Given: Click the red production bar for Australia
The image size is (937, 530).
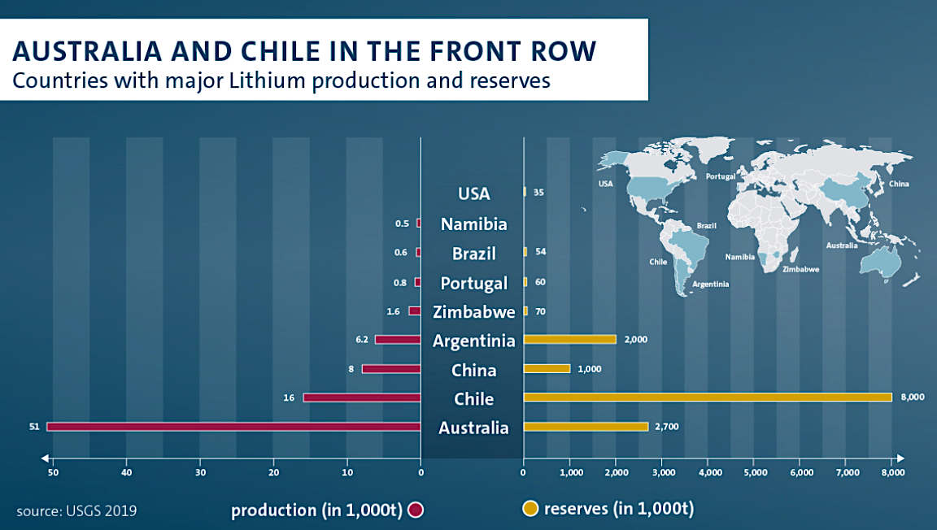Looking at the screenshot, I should click(233, 426).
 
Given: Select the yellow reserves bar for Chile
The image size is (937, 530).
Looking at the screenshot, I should click(708, 397).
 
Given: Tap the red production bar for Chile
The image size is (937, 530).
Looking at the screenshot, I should click(362, 397).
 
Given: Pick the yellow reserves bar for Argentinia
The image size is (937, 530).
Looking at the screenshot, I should click(570, 339).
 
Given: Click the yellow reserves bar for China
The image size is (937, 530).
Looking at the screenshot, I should click(547, 368).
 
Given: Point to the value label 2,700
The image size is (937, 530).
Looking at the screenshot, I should click(667, 426).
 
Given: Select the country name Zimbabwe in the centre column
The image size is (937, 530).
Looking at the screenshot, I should click(473, 312).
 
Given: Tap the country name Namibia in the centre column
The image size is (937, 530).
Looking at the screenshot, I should click(473, 224).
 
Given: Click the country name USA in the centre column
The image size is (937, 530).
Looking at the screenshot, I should click(473, 194).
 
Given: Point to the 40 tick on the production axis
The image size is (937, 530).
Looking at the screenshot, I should click(127, 472).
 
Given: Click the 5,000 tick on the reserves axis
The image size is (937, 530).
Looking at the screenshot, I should click(755, 472).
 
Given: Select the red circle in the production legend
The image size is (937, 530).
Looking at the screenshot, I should click(416, 510).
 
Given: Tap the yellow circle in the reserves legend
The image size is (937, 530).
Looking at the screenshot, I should click(530, 510).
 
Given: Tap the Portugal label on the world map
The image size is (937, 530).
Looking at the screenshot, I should click(720, 176).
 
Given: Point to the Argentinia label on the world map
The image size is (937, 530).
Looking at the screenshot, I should click(710, 284).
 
